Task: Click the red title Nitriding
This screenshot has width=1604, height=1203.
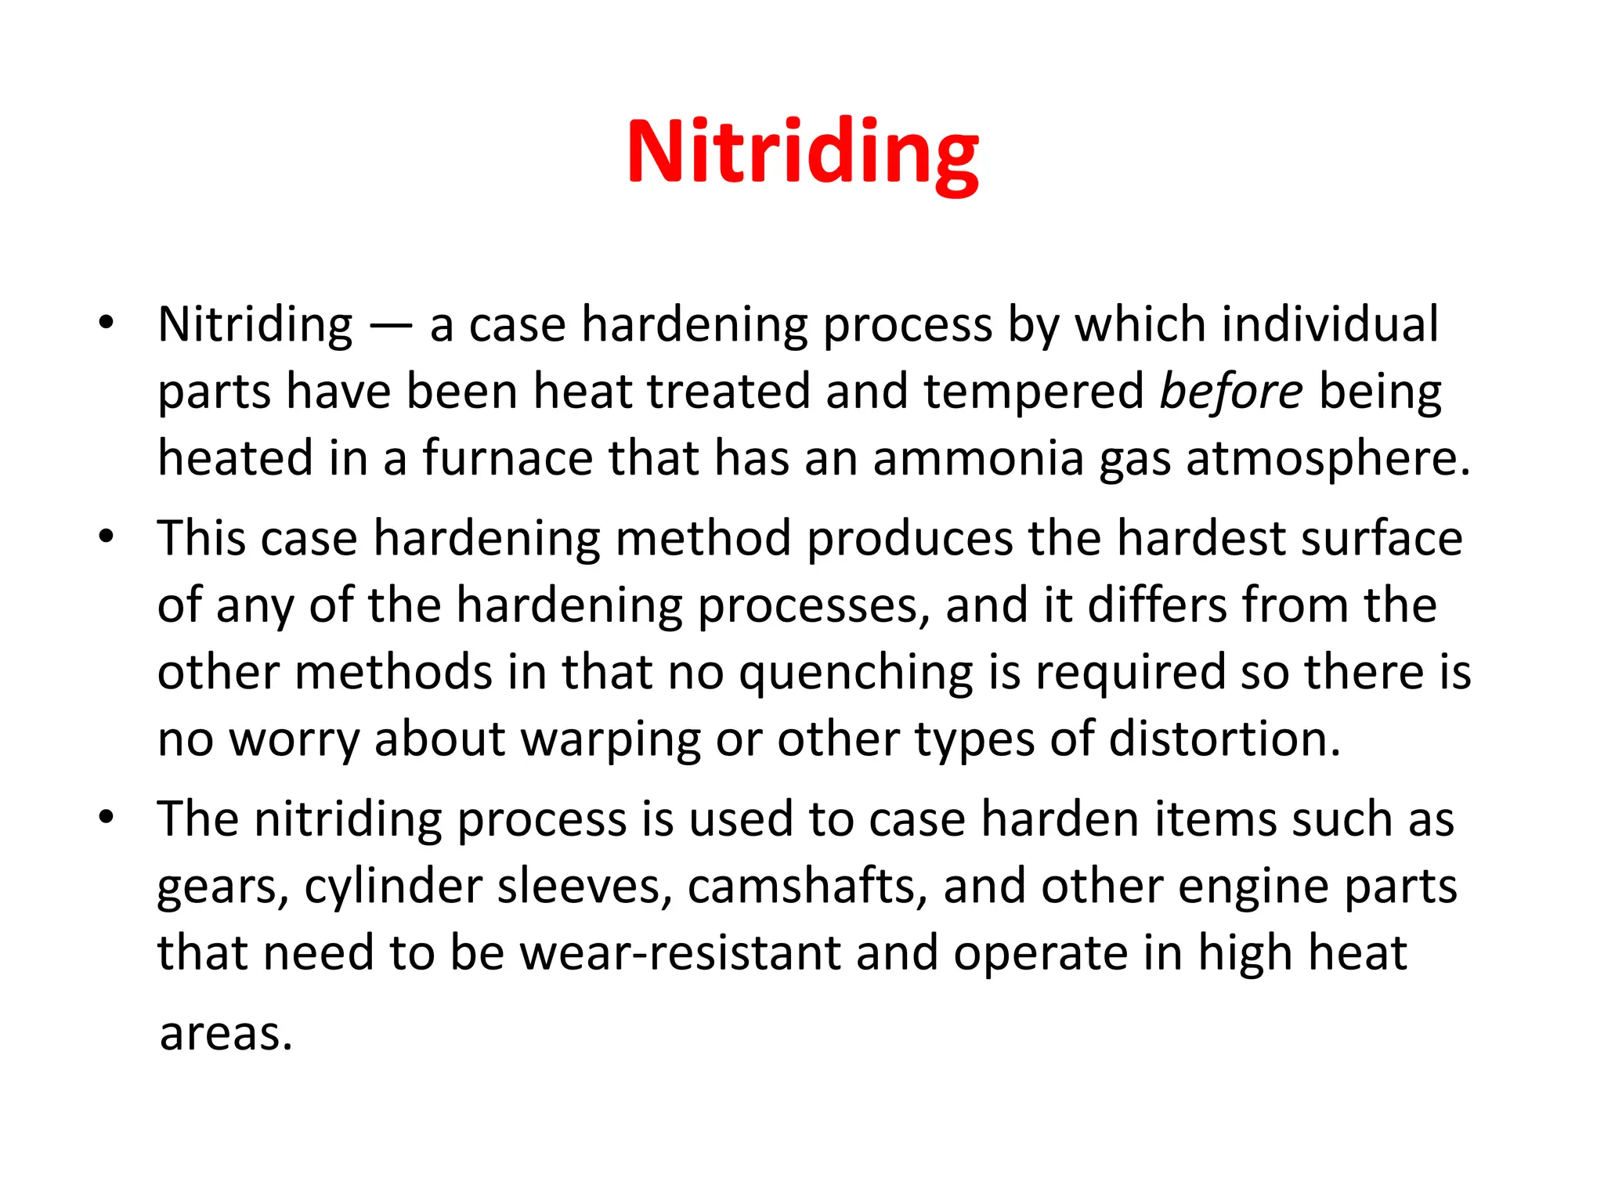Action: coord(802,152)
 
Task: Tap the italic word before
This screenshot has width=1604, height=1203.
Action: coord(1231,392)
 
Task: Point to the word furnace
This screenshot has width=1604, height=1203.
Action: coord(508,458)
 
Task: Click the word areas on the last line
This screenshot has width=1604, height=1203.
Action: coord(226,1034)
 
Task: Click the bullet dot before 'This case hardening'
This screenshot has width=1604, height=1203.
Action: coord(107,537)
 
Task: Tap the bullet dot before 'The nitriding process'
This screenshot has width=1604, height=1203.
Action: coord(107,818)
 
